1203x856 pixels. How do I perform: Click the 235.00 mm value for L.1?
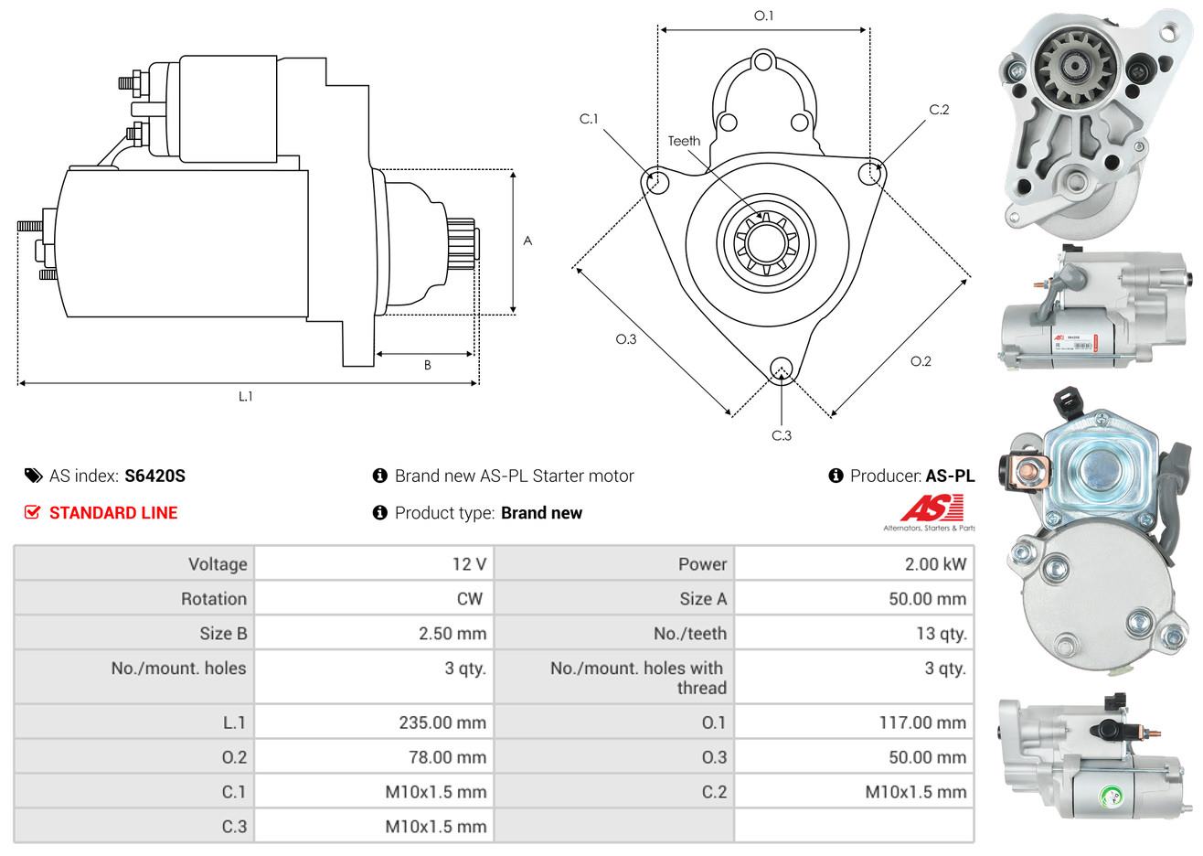point(442,722)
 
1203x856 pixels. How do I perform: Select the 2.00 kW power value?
point(935,564)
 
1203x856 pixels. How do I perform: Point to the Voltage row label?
point(218,564)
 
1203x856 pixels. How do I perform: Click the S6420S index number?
point(154,476)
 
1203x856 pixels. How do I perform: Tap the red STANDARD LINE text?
point(113,513)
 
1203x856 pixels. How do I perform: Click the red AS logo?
point(932,508)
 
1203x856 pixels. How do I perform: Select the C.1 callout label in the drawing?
point(588,119)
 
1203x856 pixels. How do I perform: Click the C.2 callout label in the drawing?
point(939,110)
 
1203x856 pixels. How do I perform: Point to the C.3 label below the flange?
point(782,435)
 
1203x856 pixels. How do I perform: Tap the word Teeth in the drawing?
point(684,141)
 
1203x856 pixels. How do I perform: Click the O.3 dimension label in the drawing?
point(625,339)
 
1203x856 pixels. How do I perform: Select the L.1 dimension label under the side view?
point(245,396)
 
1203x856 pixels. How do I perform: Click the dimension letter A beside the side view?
point(527,241)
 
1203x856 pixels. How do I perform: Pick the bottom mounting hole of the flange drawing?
point(781,369)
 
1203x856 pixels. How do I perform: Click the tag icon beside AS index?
point(33,476)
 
